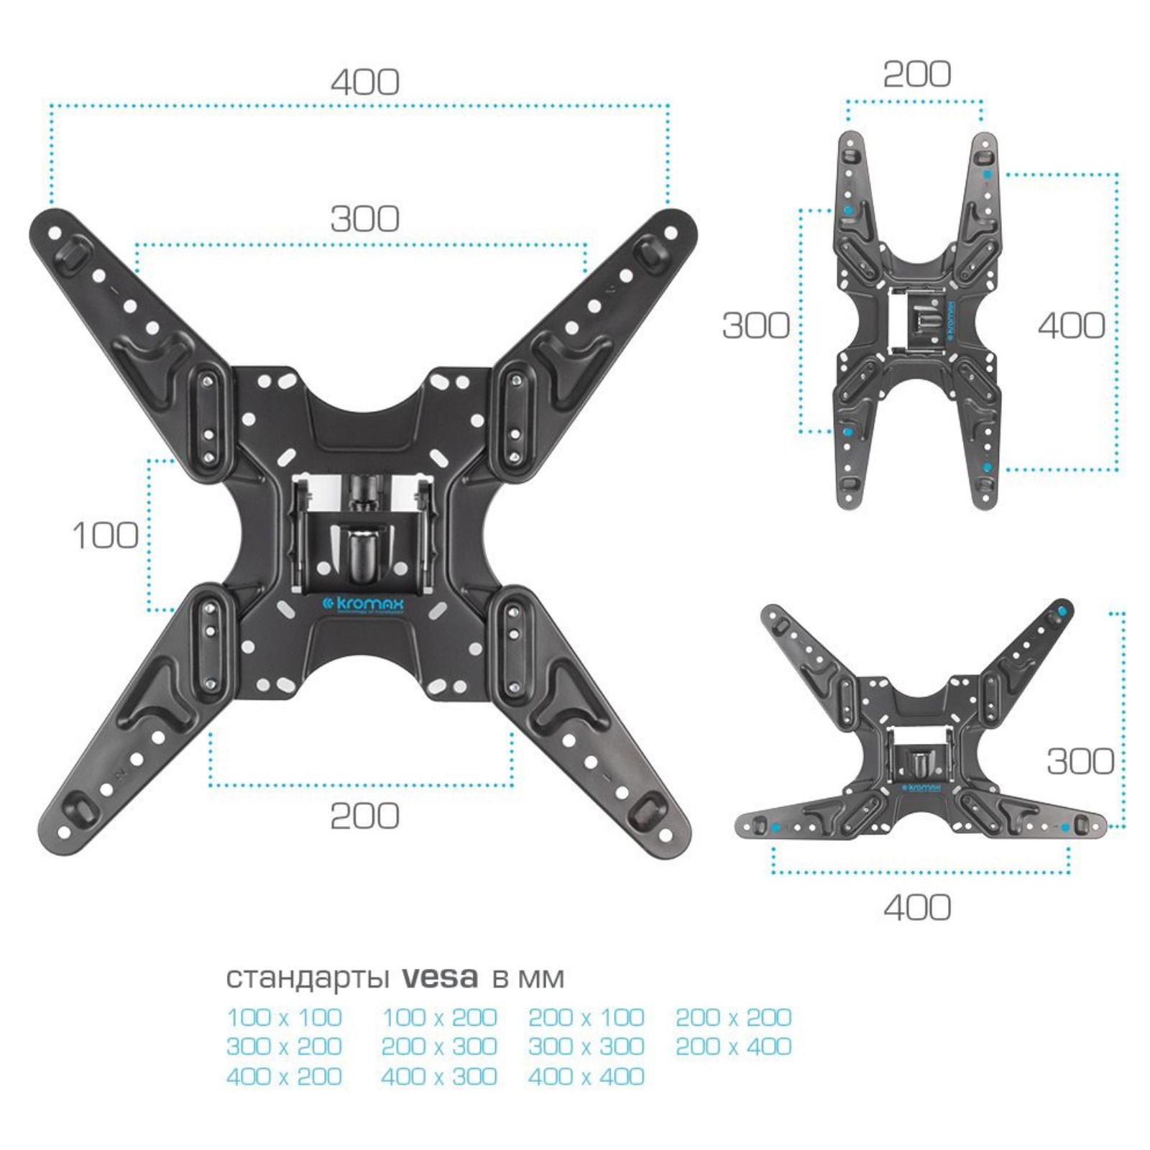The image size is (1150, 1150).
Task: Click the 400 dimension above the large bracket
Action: coord(365,83)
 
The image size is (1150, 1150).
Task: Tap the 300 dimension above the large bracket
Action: coord(365,219)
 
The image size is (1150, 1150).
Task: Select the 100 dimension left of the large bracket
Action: coord(106,535)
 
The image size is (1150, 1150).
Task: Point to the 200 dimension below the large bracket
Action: coord(365,816)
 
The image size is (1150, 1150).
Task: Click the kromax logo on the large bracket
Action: coord(362,605)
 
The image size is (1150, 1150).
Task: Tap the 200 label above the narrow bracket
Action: coord(917,74)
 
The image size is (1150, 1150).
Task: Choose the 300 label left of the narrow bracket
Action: coord(756,326)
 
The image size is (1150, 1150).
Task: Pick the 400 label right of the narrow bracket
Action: coord(1072,326)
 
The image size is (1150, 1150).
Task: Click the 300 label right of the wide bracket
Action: coord(1080,761)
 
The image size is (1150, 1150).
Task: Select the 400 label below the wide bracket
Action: coord(918,908)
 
